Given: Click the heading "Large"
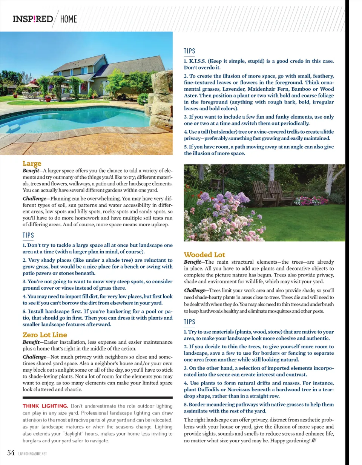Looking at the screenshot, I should click(x=32, y=164).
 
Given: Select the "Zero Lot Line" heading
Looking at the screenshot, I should click(x=45, y=335).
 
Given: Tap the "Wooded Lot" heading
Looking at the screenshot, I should click(x=204, y=255).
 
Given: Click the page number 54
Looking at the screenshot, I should click(x=11, y=453).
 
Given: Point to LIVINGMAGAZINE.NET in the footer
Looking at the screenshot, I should click(x=32, y=453).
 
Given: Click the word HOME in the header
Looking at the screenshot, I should click(x=68, y=19).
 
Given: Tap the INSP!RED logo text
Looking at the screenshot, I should click(x=33, y=19).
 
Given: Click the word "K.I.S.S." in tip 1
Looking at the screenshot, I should click(x=198, y=61).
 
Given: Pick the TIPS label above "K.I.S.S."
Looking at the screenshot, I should click(x=189, y=51).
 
